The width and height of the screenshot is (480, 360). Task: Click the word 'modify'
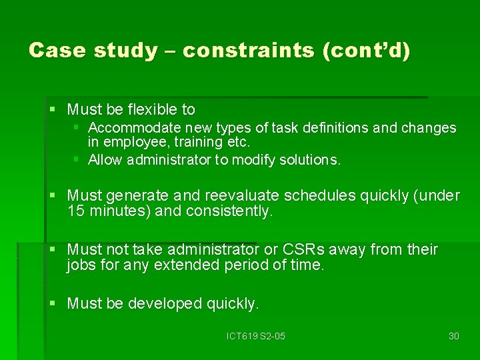tap(256, 160)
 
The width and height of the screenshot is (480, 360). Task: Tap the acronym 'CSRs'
tap(303, 250)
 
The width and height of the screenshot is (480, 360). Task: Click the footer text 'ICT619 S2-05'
tap(255, 336)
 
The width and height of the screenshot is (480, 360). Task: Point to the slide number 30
tap(453, 336)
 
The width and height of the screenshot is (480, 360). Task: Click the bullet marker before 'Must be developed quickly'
tap(52, 303)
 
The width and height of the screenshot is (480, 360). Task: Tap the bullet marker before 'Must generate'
tap(52, 195)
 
